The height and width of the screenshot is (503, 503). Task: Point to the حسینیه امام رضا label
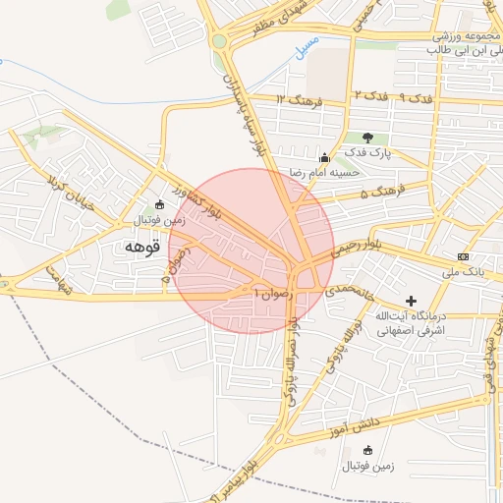tap(324, 172)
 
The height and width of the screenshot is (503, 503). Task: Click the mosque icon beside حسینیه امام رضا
tap(324, 157)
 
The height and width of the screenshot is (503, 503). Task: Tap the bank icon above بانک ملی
tap(464, 255)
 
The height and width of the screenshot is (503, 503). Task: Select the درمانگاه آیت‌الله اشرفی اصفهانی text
tap(412, 323)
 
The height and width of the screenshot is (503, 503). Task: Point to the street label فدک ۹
tap(419, 98)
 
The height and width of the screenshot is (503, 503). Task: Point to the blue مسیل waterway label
tap(307, 44)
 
